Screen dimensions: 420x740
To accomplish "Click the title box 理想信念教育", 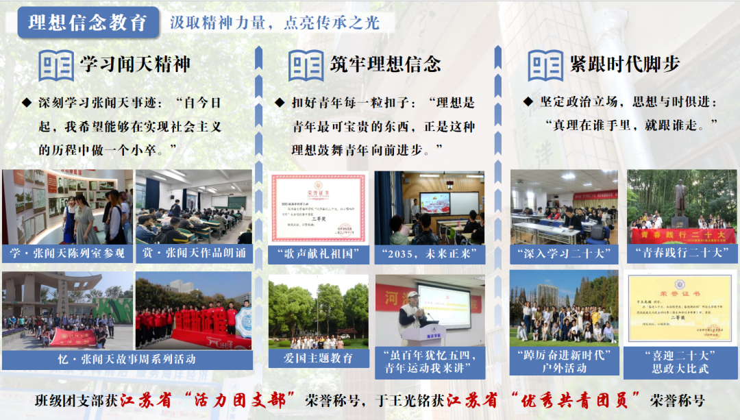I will tap(87, 22).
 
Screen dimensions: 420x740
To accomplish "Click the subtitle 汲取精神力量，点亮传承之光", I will tap(274, 22).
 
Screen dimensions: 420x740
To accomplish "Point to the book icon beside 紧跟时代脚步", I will tap(545, 65).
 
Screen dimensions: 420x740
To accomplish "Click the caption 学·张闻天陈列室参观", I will tap(67, 254).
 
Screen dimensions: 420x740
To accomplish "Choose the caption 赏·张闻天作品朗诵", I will tap(194, 254).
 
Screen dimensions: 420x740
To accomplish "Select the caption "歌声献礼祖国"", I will tap(318, 254).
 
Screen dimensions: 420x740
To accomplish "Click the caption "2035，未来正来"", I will tap(430, 254).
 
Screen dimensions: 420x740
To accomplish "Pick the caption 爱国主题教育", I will tap(318, 358).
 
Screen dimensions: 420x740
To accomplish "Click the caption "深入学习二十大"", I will tap(563, 253).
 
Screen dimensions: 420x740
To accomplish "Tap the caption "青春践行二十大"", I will tap(680, 253).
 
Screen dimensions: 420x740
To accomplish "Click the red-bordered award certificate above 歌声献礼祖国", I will tap(318, 207).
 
